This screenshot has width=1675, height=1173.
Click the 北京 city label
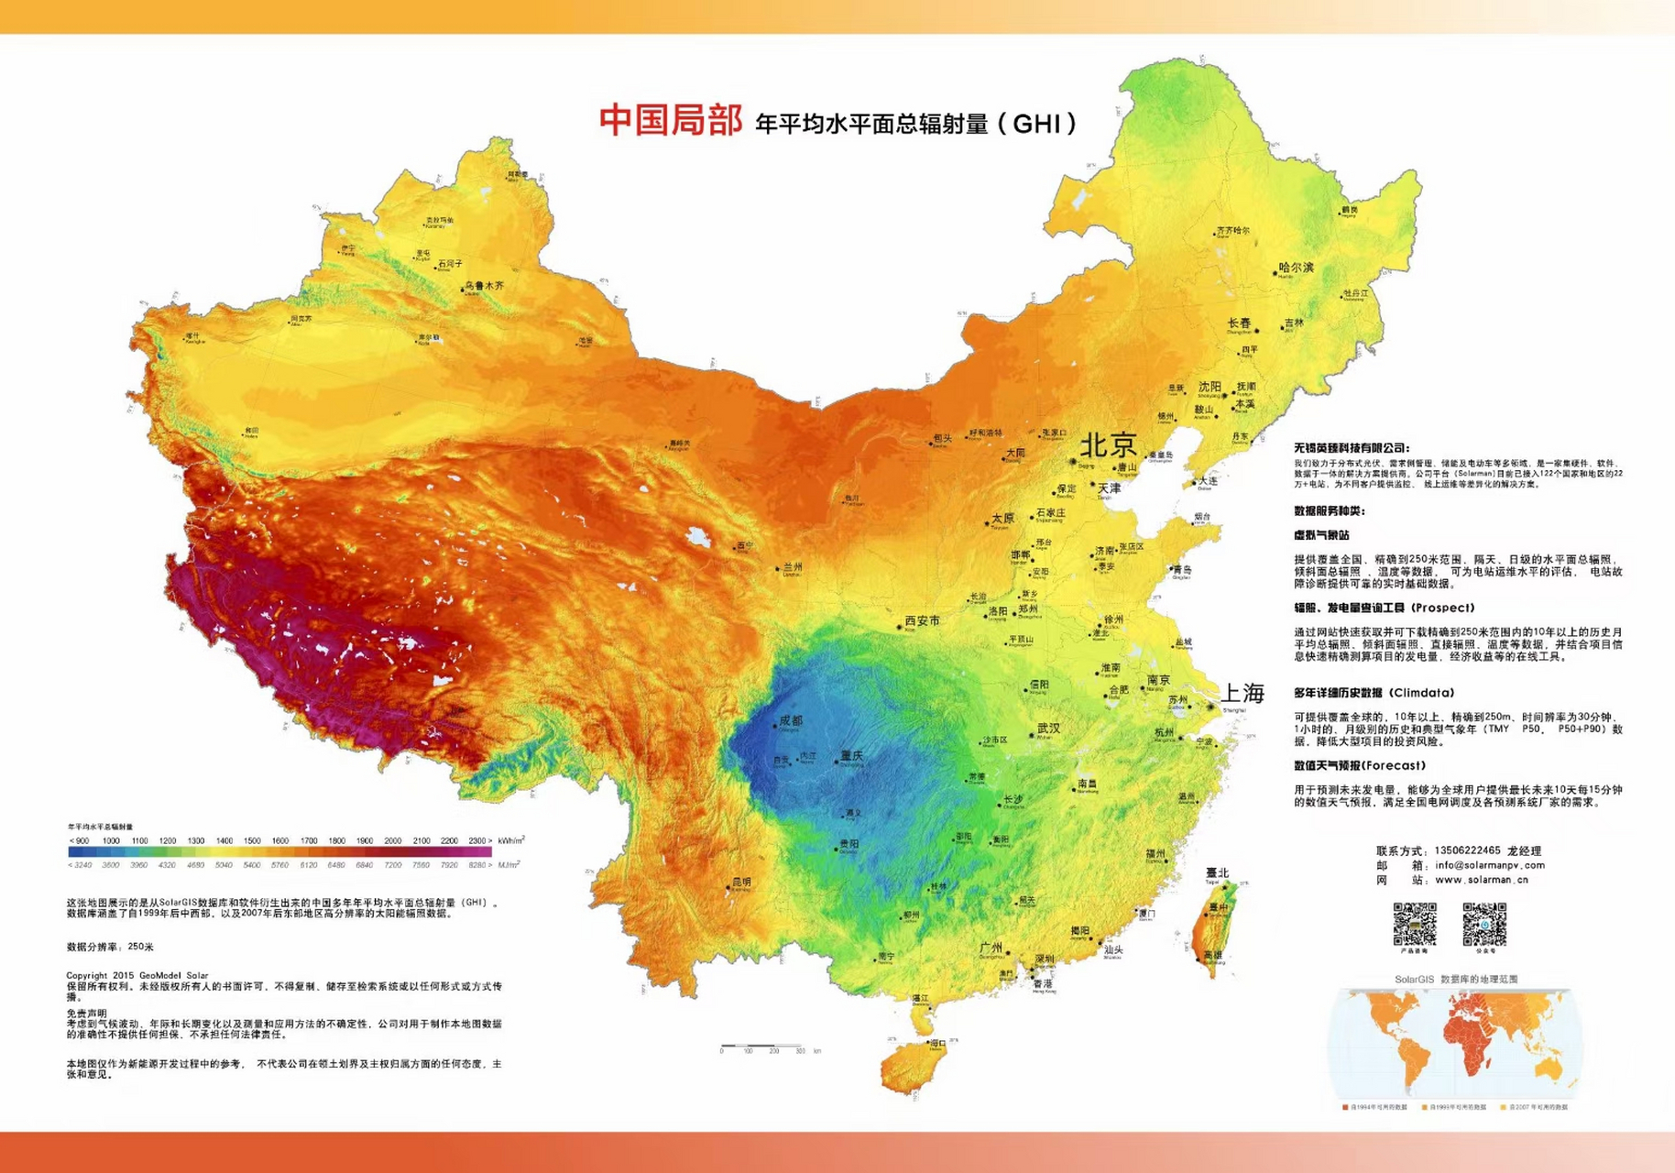pyautogui.click(x=1109, y=445)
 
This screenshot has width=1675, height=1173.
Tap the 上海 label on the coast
pyautogui.click(x=1243, y=693)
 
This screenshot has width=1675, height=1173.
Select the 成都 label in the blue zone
pyautogui.click(x=790, y=721)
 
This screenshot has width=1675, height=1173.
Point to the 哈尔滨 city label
pyautogui.click(x=1296, y=268)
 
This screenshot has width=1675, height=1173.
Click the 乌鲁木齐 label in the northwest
pyautogui.click(x=485, y=286)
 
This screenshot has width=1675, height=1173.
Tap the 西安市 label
pyautogui.click(x=923, y=620)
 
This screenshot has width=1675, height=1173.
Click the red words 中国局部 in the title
pyautogui.click(x=670, y=120)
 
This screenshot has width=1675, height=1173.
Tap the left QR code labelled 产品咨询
pyautogui.click(x=1415, y=924)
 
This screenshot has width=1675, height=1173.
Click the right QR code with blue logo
pyautogui.click(x=1484, y=924)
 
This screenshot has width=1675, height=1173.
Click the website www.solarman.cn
pyautogui.click(x=1481, y=880)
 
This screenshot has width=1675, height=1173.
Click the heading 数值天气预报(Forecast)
pyautogui.click(x=1359, y=765)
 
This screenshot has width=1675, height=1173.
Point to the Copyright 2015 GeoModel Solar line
pyautogui.click(x=137, y=975)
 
